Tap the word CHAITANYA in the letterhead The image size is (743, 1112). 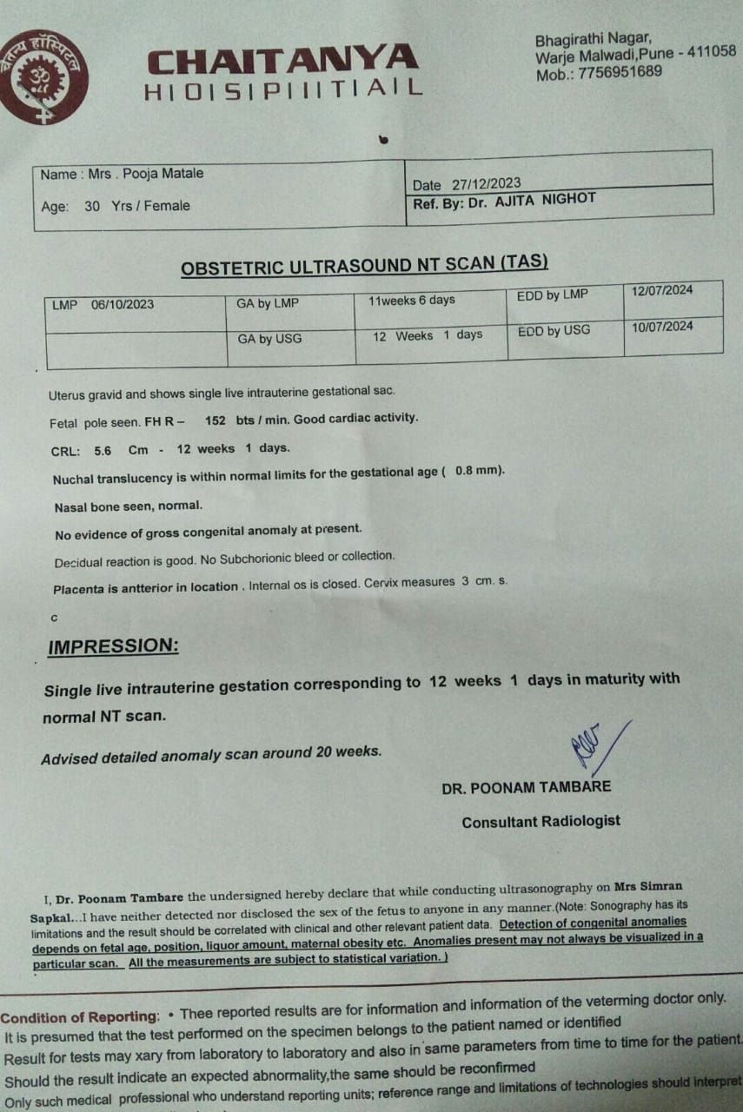pyautogui.click(x=282, y=61)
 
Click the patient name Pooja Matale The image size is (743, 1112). pyautogui.click(x=163, y=174)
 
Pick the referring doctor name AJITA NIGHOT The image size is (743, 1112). pyautogui.click(x=547, y=199)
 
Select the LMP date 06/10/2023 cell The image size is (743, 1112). pyautogui.click(x=123, y=305)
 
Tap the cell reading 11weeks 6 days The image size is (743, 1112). pyautogui.click(x=412, y=301)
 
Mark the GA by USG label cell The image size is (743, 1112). pyautogui.click(x=269, y=339)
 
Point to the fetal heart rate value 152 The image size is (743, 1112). pyautogui.click(x=215, y=420)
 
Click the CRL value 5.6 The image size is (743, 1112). pyautogui.click(x=104, y=450)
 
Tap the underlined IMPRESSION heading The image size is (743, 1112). pyautogui.click(x=113, y=646)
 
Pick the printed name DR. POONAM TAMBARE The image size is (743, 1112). pyautogui.click(x=526, y=787)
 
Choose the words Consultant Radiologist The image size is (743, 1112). pyautogui.click(x=541, y=822)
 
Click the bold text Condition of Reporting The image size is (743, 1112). pyautogui.click(x=80, y=1016)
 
